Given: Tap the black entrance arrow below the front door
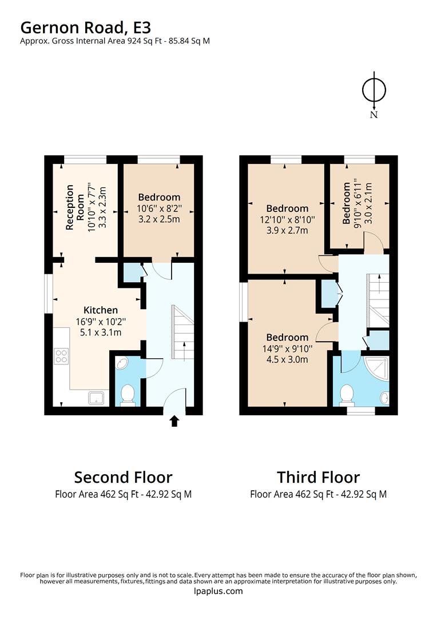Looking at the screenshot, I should [x=174, y=422].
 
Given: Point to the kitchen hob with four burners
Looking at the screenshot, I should [x=61, y=356].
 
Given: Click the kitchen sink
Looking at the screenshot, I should [x=96, y=397].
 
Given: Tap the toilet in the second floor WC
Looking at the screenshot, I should [x=128, y=394].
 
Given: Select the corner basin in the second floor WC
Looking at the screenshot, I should [x=122, y=363].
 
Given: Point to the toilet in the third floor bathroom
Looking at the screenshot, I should [x=347, y=394].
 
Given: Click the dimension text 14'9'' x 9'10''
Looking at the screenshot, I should [x=287, y=348].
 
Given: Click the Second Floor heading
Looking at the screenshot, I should [x=123, y=477].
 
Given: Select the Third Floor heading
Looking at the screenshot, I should [x=318, y=477].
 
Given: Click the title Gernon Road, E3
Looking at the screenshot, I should [x=86, y=27].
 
